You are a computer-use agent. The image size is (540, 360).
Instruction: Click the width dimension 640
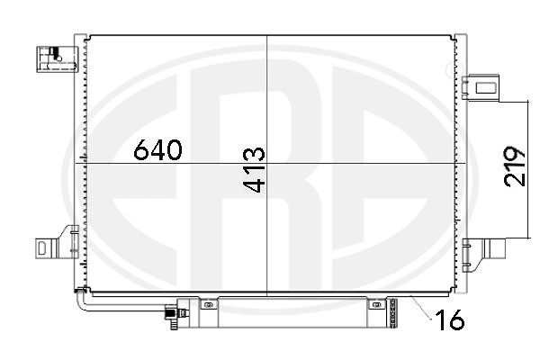coord(157,150)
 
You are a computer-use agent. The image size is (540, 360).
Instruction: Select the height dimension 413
coord(255,169)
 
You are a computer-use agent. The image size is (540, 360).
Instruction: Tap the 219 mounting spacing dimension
coord(515,166)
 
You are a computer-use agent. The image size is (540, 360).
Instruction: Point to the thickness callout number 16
coord(450,319)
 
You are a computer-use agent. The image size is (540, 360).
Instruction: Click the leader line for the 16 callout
coord(421,306)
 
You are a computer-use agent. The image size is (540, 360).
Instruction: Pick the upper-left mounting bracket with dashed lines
coord(58,58)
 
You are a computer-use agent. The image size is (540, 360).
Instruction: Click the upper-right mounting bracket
coord(480,87)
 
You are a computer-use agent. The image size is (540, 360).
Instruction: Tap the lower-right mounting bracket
coord(483,254)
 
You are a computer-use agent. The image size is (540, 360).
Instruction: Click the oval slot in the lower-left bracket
coord(41,248)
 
